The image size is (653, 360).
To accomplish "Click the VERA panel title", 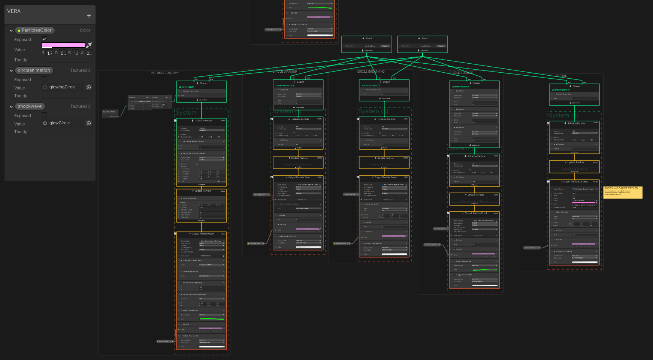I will [x=14, y=11].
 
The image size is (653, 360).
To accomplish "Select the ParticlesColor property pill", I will [x=35, y=30].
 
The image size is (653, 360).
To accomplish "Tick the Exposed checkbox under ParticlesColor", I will [x=44, y=39].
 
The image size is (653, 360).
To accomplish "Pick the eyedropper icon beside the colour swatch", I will [x=89, y=45].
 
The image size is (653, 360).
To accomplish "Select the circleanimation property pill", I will [x=34, y=70].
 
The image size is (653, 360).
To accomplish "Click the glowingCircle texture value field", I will [x=64, y=87].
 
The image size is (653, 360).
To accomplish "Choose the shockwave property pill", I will [x=30, y=106].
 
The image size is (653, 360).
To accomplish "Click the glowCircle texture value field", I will [x=64, y=123].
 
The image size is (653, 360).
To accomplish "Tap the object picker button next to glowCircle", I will [x=89, y=123].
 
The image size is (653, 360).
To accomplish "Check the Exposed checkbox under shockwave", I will [x=44, y=115].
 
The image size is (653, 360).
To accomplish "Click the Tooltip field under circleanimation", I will [x=67, y=96].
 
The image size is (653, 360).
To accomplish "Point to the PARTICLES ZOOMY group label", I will [x=164, y=73].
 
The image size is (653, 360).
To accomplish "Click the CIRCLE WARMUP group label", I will [x=285, y=72].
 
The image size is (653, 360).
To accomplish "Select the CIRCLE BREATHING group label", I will [x=371, y=72].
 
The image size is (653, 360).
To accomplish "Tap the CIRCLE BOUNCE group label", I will [x=461, y=73].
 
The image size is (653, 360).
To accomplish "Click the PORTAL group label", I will [x=561, y=76].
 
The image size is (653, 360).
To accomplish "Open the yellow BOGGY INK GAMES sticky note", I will [x=623, y=192].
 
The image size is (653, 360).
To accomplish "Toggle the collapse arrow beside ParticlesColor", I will [x=11, y=31].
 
